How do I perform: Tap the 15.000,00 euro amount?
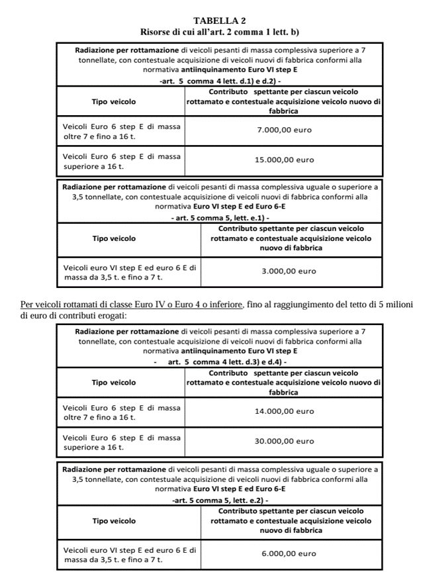(285, 160)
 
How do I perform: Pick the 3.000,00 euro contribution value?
(289, 271)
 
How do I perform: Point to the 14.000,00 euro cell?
(285, 411)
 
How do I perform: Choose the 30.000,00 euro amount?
(285, 441)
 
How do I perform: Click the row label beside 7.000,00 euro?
(121, 130)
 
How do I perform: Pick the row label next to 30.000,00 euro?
(121, 442)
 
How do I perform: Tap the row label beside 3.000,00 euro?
(130, 272)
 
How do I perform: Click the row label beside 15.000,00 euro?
(121, 161)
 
